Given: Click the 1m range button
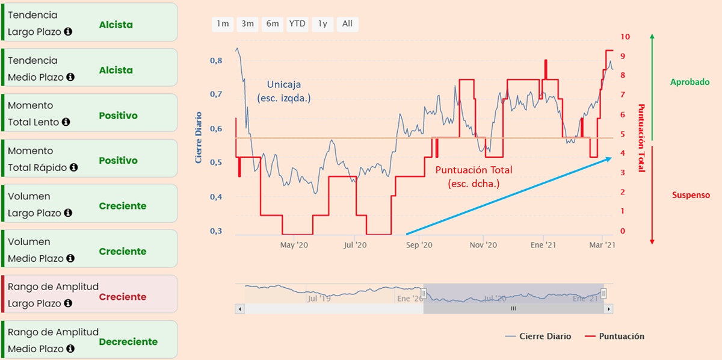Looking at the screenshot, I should pyautogui.click(x=223, y=24).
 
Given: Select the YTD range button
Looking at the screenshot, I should pyautogui.click(x=297, y=24).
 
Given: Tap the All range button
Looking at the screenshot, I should pyautogui.click(x=347, y=24).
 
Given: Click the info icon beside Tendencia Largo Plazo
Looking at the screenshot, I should pyautogui.click(x=68, y=31).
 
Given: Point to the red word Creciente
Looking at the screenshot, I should pyautogui.click(x=123, y=297).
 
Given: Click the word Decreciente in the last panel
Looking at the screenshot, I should pyautogui.click(x=128, y=342).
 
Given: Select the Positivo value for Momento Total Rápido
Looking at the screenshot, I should pyautogui.click(x=118, y=161).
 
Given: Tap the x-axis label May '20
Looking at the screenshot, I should pyautogui.click(x=295, y=245).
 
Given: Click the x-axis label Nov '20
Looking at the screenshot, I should pyautogui.click(x=483, y=245).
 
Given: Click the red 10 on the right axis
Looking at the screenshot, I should pyautogui.click(x=625, y=37).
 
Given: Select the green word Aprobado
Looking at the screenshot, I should pyautogui.click(x=690, y=82).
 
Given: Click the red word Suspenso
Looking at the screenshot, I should pyautogui.click(x=691, y=195).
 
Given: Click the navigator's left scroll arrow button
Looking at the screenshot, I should pyautogui.click(x=240, y=309).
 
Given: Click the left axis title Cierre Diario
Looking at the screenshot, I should pyautogui.click(x=198, y=138).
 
